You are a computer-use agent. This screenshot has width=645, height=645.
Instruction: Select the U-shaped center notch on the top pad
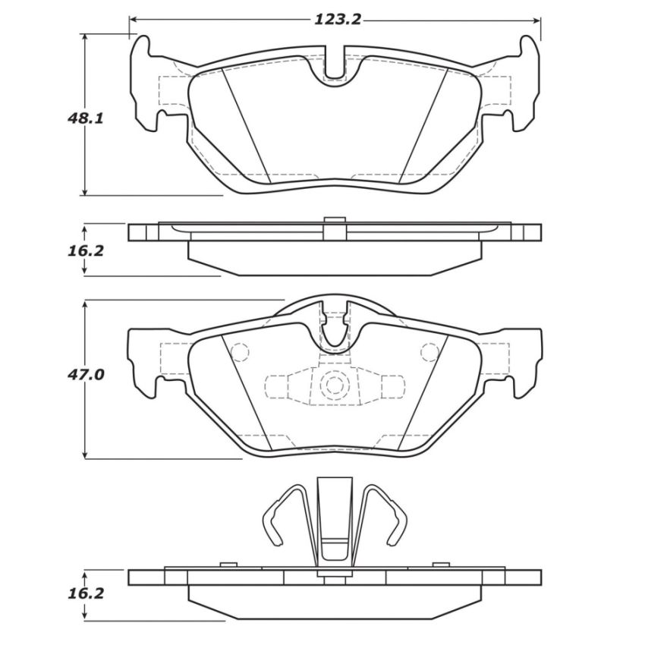(335, 68)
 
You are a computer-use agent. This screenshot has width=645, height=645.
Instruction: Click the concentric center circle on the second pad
(334, 385)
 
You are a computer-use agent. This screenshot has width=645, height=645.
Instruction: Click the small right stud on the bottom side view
(438, 565)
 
